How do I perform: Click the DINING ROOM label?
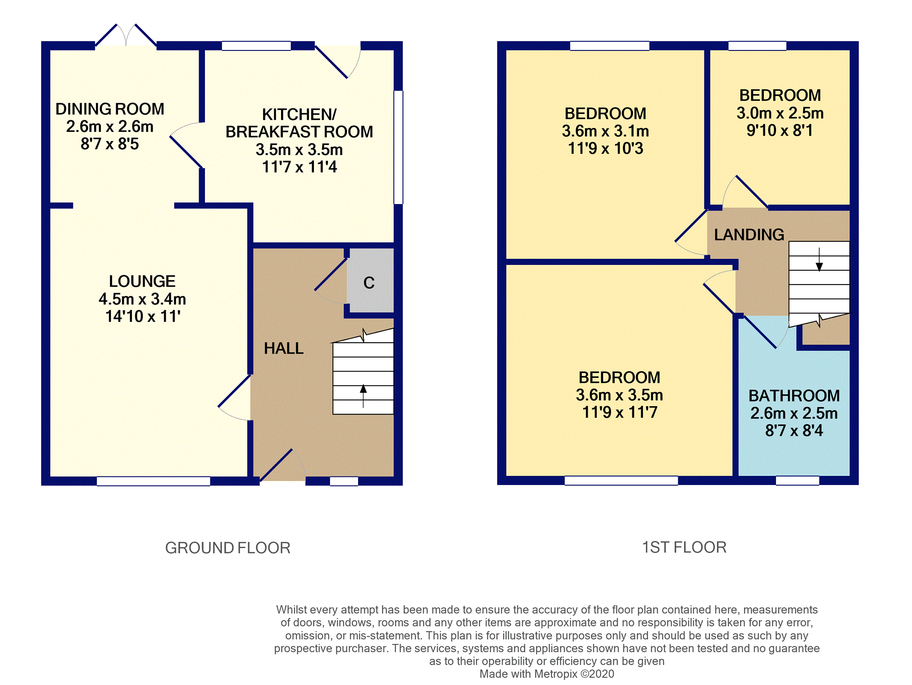(x=110, y=109)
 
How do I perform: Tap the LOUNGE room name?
(x=142, y=281)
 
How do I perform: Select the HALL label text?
(x=284, y=348)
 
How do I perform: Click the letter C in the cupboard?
(x=369, y=283)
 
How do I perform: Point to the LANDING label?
(x=749, y=235)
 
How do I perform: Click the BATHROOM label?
(x=794, y=396)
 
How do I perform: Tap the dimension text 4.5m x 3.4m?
(x=142, y=299)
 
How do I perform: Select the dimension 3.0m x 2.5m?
(x=780, y=113)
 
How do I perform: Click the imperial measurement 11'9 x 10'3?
(x=605, y=148)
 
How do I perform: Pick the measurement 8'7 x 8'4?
(x=794, y=431)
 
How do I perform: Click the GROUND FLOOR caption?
(x=227, y=548)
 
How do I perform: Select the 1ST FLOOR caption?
(x=684, y=548)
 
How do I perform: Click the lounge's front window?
(x=154, y=481)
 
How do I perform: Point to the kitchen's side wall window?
(x=398, y=147)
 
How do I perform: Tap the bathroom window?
(x=797, y=481)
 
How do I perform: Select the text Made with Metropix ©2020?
(x=547, y=674)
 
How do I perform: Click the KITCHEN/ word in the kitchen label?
(x=299, y=114)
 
